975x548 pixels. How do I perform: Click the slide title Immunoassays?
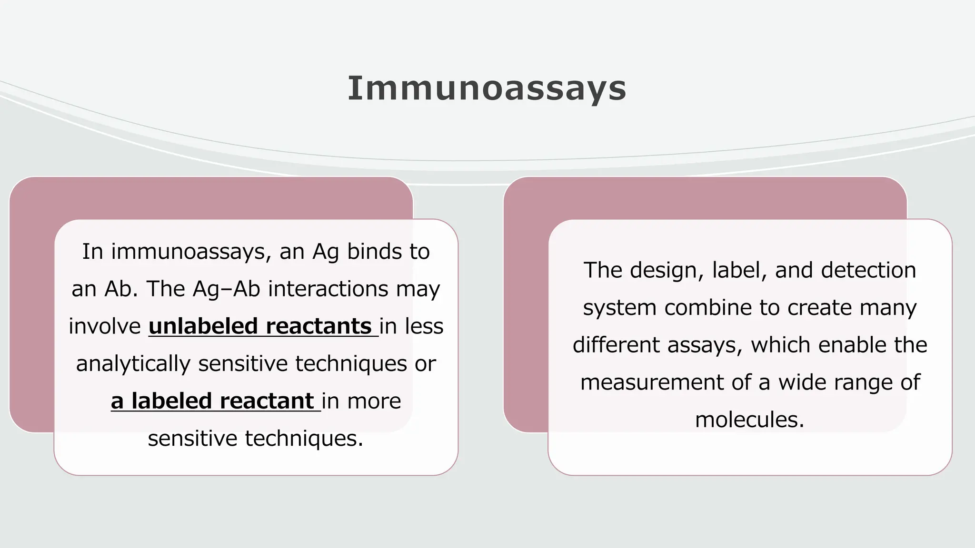click(x=487, y=88)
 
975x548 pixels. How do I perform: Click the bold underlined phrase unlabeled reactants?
click(x=260, y=326)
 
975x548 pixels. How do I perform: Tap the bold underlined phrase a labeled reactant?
click(x=212, y=401)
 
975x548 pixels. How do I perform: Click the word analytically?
click(x=133, y=364)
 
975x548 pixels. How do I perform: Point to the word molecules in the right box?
click(x=749, y=420)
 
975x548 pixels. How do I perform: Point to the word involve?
click(x=104, y=326)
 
